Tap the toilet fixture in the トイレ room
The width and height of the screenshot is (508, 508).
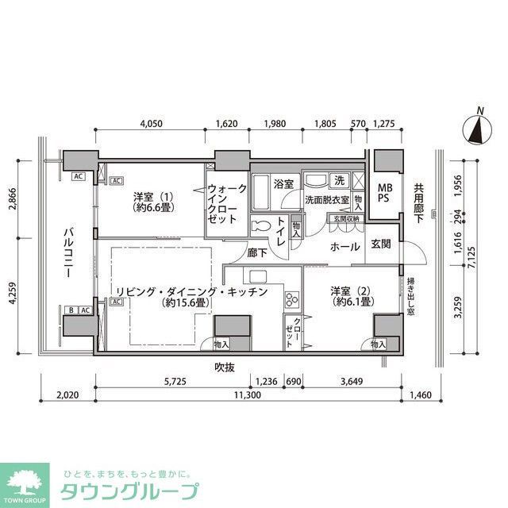tap(260, 225)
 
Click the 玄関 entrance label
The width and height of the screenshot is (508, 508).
tap(381, 244)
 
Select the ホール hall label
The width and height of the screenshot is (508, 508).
tap(346, 246)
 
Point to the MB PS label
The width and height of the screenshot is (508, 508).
tap(384, 194)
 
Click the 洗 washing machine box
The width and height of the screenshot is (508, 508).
tap(339, 180)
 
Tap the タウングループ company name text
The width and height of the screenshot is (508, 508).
tap(131, 491)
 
